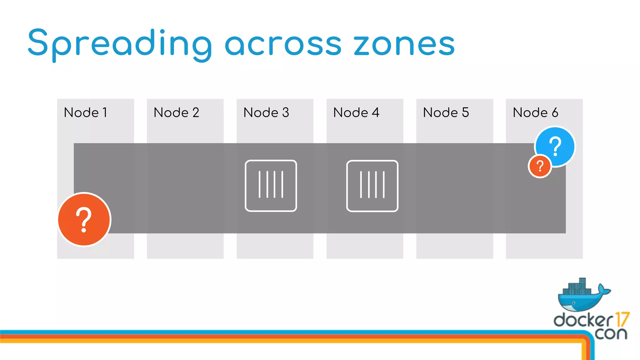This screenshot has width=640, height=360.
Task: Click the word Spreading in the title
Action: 120,44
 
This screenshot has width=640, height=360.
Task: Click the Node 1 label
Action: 85,112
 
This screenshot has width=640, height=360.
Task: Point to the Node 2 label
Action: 176,112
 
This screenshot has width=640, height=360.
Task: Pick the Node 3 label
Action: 266,112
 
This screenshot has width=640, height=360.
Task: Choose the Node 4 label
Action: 356,112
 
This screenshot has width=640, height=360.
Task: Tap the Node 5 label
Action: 446,112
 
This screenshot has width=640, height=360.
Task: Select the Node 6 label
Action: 535,112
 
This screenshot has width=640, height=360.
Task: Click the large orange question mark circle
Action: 84,219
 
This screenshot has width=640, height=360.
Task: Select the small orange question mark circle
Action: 540,166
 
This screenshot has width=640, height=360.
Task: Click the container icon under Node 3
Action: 271,186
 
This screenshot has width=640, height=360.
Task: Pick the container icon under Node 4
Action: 372,186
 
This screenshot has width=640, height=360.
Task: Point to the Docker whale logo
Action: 583,297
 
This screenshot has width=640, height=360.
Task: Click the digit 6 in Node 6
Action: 555,112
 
